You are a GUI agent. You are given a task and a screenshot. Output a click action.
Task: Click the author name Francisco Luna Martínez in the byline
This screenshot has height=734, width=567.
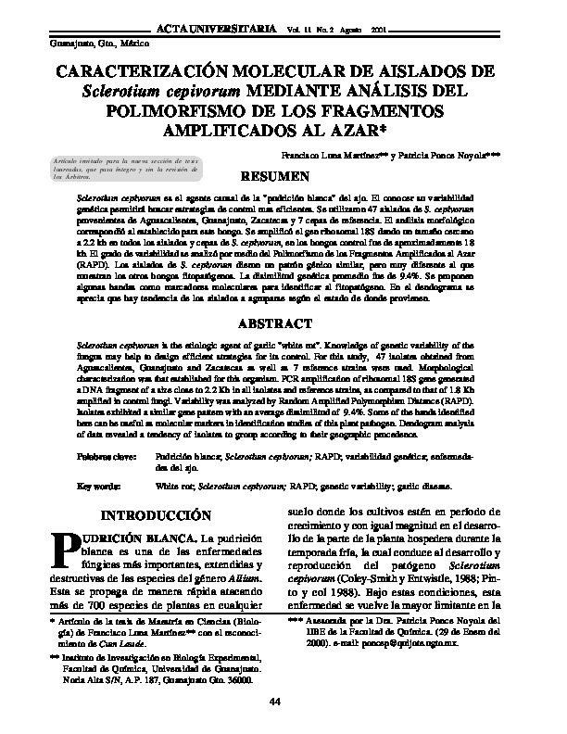click(322, 157)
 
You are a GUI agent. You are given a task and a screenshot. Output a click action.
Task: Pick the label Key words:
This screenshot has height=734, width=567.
click(98, 486)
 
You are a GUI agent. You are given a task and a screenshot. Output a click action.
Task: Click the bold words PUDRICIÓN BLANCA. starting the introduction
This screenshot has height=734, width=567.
click(131, 539)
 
